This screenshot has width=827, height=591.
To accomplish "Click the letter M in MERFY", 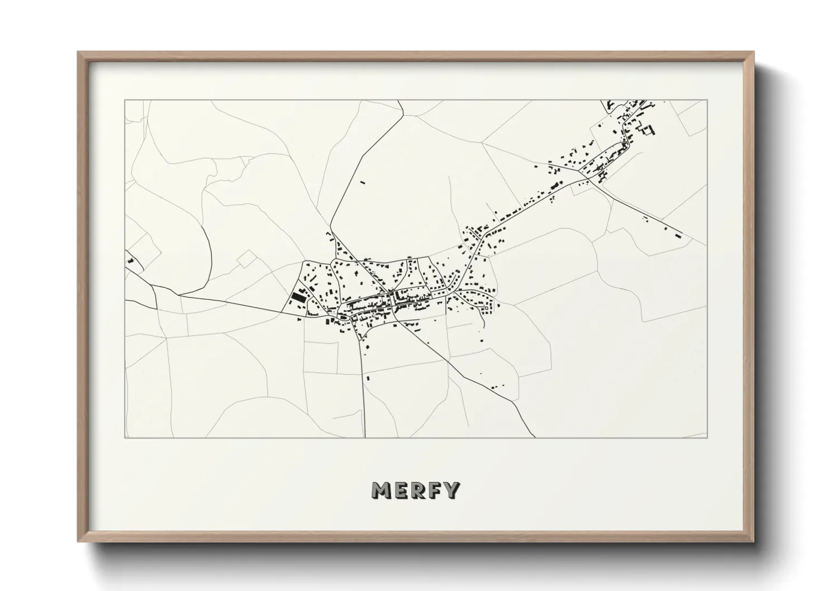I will pyautogui.click(x=382, y=490).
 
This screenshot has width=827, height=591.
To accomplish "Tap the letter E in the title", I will pyautogui.click(x=400, y=490).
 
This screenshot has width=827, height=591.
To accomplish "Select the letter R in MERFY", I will pyautogui.click(x=417, y=490).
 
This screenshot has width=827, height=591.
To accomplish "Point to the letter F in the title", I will pyautogui.click(x=434, y=490).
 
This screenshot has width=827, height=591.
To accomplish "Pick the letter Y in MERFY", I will pyautogui.click(x=451, y=490).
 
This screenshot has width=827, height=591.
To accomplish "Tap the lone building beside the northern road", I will pyautogui.click(x=362, y=182).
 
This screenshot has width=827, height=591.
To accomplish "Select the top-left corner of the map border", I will pyautogui.click(x=125, y=101).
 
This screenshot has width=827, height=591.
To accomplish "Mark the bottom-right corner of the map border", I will pyautogui.click(x=707, y=437).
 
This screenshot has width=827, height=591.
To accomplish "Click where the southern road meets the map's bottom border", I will pyautogui.click(x=364, y=437).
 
